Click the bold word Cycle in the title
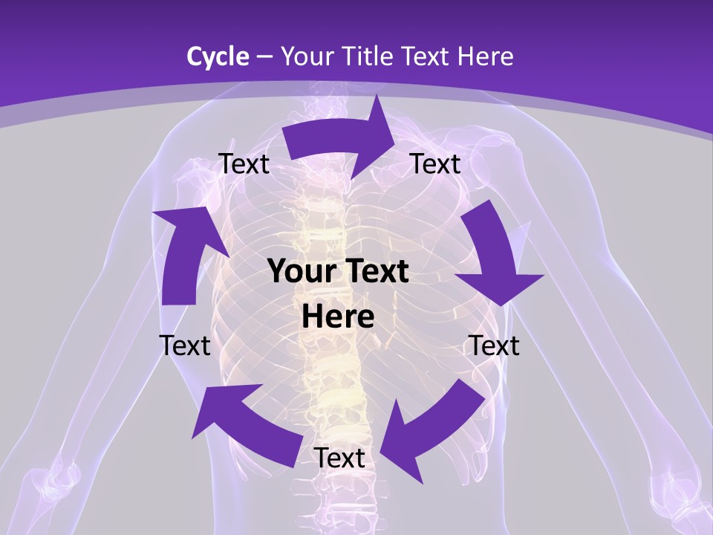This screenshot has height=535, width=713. point(218,56)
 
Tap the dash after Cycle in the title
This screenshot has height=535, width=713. point(264,56)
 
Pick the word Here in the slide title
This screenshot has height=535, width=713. point(486,56)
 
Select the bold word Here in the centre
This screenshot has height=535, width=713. point(338,317)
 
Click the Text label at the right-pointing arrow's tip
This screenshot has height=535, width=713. point(435,163)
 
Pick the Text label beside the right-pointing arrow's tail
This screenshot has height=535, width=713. point(244,163)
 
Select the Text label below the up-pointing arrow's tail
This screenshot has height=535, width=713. point(185,346)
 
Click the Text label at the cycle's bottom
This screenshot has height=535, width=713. point(339,458)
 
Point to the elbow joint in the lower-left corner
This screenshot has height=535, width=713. point(56,479)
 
